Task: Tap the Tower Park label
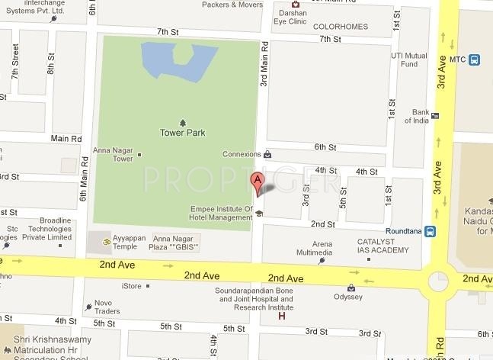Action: (x=183, y=133)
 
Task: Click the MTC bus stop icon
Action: (x=475, y=59)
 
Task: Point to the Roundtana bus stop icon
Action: (x=431, y=230)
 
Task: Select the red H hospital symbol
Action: (x=283, y=316)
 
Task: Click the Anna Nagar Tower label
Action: (x=113, y=154)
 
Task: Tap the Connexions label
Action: (x=242, y=154)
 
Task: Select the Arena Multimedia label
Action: (x=314, y=248)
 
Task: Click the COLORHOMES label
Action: (x=341, y=27)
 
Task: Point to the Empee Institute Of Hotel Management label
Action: (x=220, y=213)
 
